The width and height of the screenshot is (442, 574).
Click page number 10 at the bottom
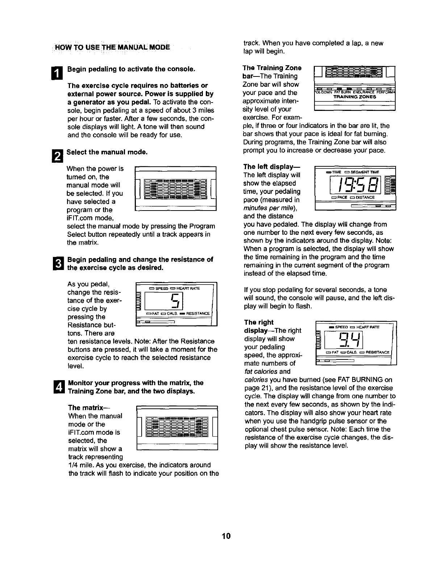pyautogui.click(x=226, y=536)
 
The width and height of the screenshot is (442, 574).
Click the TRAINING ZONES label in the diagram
pyautogui.click(x=354, y=97)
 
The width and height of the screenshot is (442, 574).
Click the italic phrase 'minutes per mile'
pyautogui.click(x=269, y=208)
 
